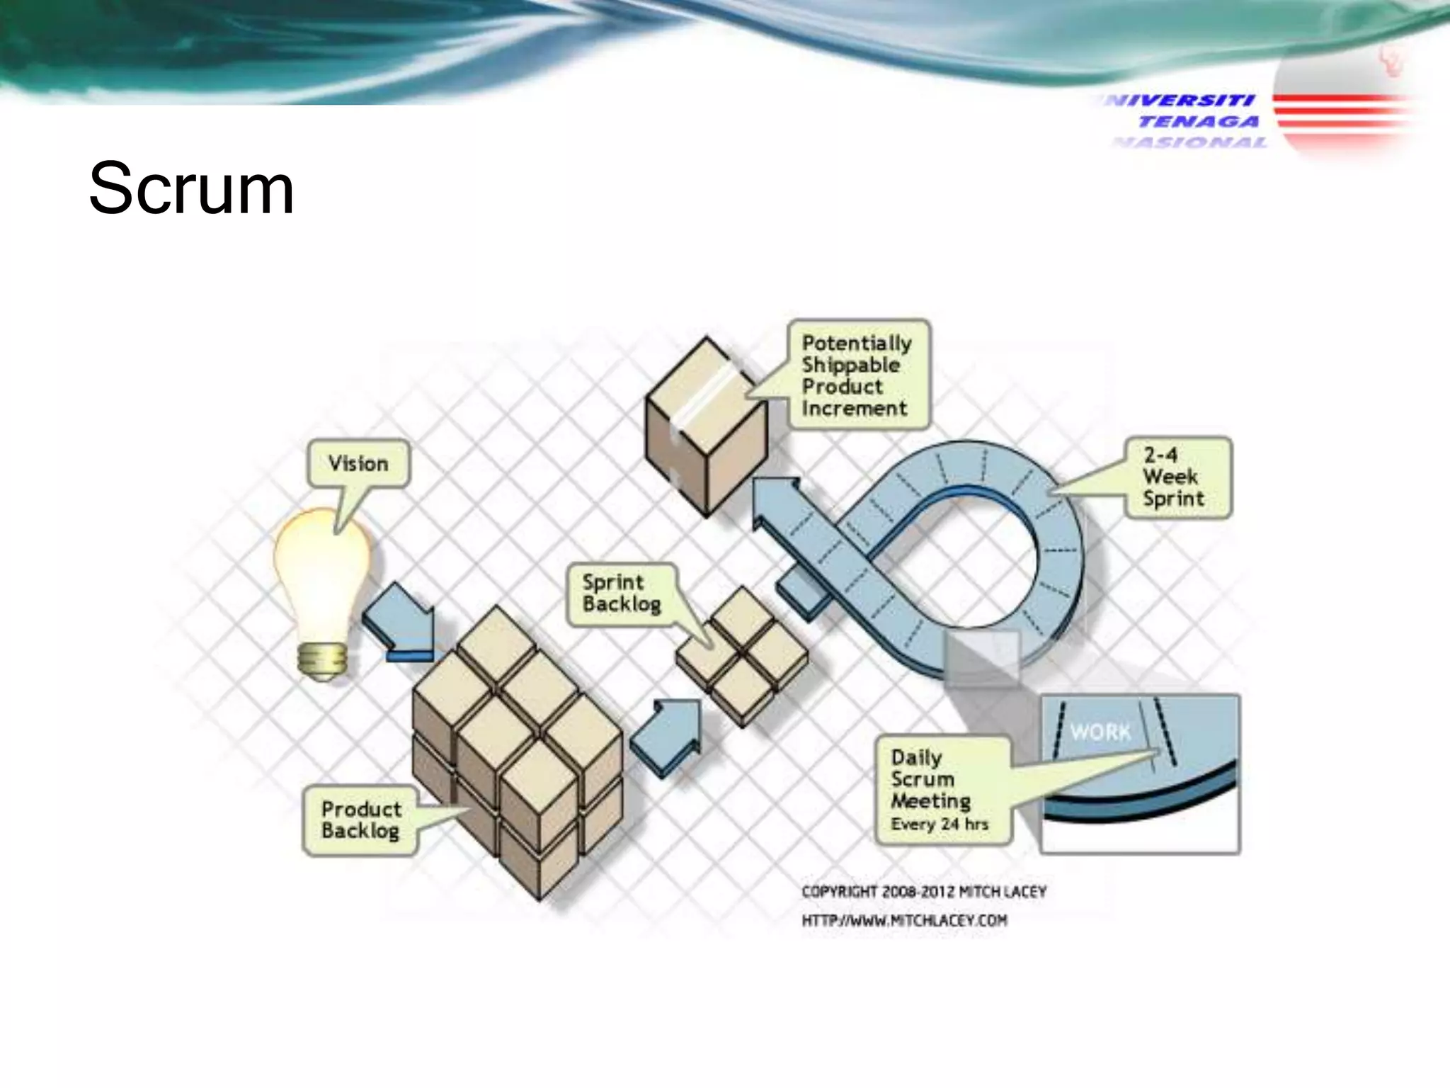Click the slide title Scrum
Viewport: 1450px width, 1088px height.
click(x=191, y=189)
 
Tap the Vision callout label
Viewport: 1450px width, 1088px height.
click(x=358, y=464)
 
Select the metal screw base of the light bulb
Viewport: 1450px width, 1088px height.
click(x=322, y=660)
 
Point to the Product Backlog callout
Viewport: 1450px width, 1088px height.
click(x=360, y=820)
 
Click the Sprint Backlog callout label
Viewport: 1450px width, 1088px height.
click(x=621, y=594)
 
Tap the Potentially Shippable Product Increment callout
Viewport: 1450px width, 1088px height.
click(x=857, y=375)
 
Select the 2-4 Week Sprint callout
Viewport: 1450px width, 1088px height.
click(x=1176, y=477)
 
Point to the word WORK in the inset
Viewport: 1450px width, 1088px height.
click(x=1100, y=732)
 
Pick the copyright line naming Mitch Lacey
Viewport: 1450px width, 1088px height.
click(x=923, y=892)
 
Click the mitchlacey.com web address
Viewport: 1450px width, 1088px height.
click(x=904, y=921)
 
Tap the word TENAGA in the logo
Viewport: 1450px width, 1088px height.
click(x=1199, y=122)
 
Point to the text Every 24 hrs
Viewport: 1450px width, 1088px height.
click(x=940, y=824)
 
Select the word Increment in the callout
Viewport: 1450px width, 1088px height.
click(x=854, y=409)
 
